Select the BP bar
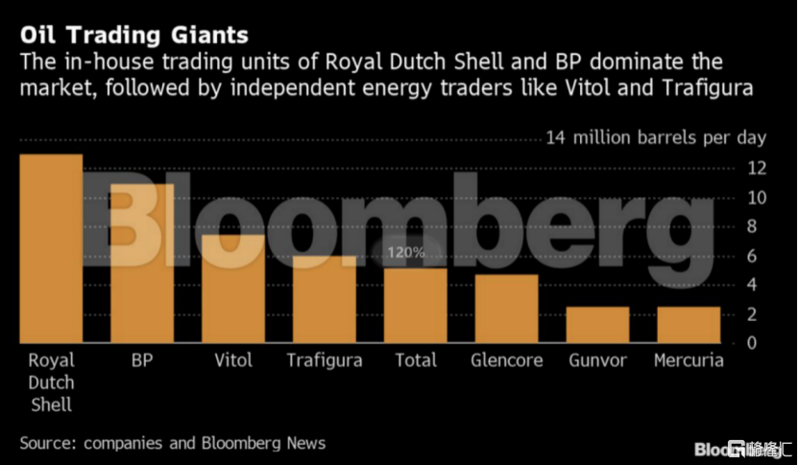(142, 263)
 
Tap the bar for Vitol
(233, 288)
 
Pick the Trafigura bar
(324, 299)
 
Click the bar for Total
(415, 305)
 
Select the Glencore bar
(506, 308)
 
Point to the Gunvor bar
(597, 325)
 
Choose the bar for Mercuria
(688, 325)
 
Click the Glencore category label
(507, 361)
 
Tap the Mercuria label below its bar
(688, 361)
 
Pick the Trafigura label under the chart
(325, 361)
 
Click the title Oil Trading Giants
(133, 36)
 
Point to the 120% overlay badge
(405, 253)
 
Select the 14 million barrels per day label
(656, 137)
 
